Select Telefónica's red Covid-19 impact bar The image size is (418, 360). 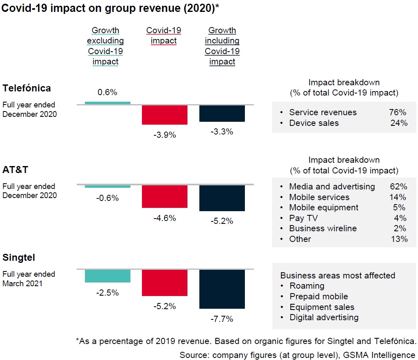coord(164,115)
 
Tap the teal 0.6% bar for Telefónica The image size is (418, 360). coord(107,103)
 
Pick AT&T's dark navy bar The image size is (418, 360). coord(222,198)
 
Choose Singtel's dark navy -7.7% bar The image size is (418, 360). coord(222,289)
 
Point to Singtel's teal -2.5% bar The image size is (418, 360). coord(107,276)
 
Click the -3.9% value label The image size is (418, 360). coord(164,134)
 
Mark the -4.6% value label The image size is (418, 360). coord(164,218)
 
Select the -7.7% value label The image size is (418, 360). coord(222,319)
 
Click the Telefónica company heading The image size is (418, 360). coord(27,88)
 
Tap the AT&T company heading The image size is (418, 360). coord(16,170)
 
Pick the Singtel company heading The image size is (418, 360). coord(18,257)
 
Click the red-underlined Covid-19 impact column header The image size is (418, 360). coord(164,35)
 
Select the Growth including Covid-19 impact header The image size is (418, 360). coord(222,46)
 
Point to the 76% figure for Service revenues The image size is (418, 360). coord(398,112)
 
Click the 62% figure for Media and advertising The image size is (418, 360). coord(398,187)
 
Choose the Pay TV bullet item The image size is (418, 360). coord(303,218)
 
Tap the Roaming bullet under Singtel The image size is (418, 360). coord(307,286)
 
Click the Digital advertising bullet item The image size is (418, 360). coord(324,317)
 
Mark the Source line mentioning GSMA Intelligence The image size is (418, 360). coord(297,355)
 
